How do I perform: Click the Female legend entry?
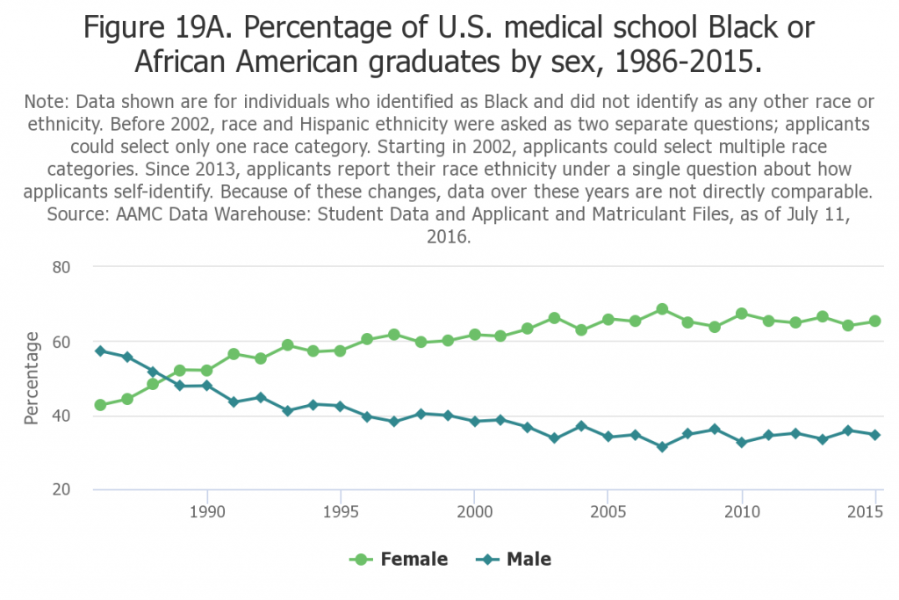[x=399, y=560]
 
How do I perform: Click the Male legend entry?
[x=514, y=560]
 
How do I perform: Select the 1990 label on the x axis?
[x=206, y=510]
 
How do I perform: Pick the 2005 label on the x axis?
[x=608, y=510]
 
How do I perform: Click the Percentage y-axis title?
[x=32, y=378]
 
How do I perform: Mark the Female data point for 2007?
[x=662, y=309]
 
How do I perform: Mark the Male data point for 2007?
[x=662, y=447]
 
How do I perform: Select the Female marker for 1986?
[x=100, y=405]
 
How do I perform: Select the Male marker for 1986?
[x=100, y=351]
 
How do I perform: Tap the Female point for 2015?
[x=875, y=322]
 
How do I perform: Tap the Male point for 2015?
[x=875, y=435]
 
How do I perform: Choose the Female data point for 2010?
[x=742, y=314]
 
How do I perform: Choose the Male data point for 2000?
[x=474, y=422]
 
